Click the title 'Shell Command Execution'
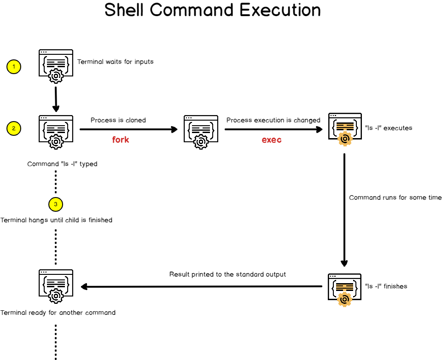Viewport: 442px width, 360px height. tap(212, 10)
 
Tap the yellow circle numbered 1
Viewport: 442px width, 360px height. tap(14, 67)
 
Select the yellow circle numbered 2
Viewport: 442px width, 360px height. tap(14, 128)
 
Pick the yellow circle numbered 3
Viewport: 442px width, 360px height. tap(55, 203)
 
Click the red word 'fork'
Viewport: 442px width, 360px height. tap(121, 139)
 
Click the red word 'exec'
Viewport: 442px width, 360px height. tap(272, 139)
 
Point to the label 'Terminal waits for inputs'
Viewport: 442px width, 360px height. tap(115, 62)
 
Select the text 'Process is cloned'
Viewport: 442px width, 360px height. tap(118, 120)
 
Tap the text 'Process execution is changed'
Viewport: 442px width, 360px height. tap(273, 120)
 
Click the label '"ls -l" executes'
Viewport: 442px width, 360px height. tap(388, 128)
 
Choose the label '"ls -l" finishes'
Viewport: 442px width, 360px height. tap(386, 286)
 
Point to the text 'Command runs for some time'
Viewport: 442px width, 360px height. tap(395, 197)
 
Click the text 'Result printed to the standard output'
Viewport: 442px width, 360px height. tap(227, 274)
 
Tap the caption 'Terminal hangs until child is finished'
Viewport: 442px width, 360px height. tap(57, 220)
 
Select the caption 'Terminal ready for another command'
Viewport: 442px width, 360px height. tap(58, 313)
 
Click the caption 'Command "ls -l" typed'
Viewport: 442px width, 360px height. tap(62, 164)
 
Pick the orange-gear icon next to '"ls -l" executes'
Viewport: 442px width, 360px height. tap(344, 129)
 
